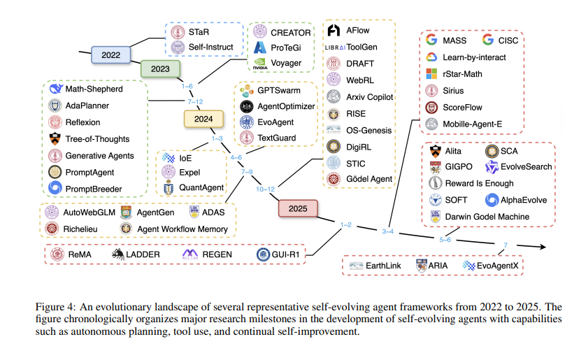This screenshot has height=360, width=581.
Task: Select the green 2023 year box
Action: click(x=161, y=69)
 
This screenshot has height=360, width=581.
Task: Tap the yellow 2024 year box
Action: click(x=203, y=119)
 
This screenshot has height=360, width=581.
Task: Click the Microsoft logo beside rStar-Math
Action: click(x=431, y=73)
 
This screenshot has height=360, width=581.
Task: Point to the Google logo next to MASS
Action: click(x=431, y=40)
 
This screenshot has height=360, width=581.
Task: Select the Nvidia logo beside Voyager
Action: click(x=260, y=64)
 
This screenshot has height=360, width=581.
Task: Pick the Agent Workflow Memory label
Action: click(x=182, y=229)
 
